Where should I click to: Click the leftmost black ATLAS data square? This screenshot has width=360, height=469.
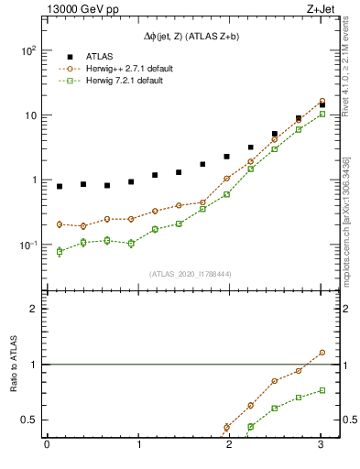(x=60, y=186)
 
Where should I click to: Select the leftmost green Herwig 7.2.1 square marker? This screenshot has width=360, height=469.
(x=60, y=251)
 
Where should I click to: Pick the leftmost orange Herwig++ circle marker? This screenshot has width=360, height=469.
(x=60, y=224)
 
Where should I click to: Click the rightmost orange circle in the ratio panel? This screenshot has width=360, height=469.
(x=322, y=352)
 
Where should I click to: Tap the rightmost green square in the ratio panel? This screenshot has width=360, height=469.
(x=322, y=390)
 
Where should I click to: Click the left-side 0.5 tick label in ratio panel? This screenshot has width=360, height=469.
(x=30, y=420)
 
